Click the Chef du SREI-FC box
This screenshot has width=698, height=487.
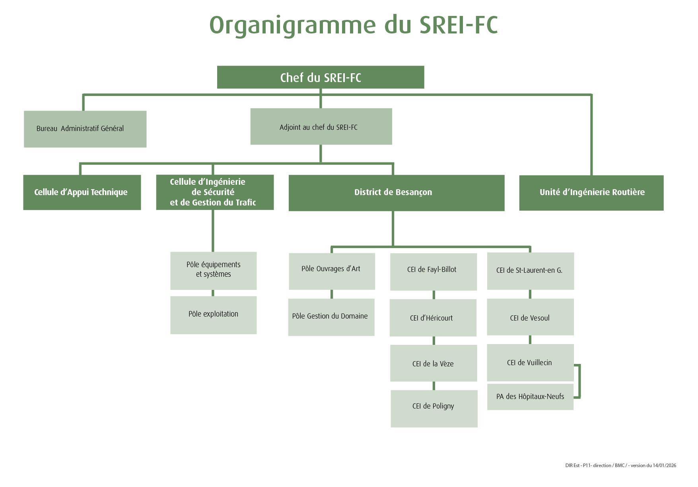point(321,77)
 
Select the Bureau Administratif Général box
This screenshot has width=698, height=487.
point(85,129)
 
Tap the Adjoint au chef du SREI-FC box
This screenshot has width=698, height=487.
point(321,127)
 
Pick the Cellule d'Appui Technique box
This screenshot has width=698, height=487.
point(82,192)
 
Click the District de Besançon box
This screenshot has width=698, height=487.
point(396,193)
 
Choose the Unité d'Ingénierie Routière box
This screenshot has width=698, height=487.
point(591,193)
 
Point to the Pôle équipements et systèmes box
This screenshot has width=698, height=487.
point(213,270)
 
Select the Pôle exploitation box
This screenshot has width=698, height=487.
point(213,315)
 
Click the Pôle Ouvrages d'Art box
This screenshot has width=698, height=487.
point(332,271)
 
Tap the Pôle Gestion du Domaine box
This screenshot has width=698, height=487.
point(331,317)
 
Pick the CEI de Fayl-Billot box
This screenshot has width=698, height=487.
point(433,272)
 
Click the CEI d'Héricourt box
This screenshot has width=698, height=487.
point(433,318)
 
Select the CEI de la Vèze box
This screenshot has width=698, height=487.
point(433,363)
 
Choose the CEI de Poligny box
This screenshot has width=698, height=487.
point(434,409)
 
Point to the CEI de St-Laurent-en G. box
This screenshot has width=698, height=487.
point(530,271)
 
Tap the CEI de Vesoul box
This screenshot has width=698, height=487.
point(530,317)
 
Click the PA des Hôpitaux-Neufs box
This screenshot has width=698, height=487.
point(530,397)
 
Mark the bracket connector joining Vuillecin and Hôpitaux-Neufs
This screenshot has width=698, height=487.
point(579,381)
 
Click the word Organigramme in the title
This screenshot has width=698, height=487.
point(292,25)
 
